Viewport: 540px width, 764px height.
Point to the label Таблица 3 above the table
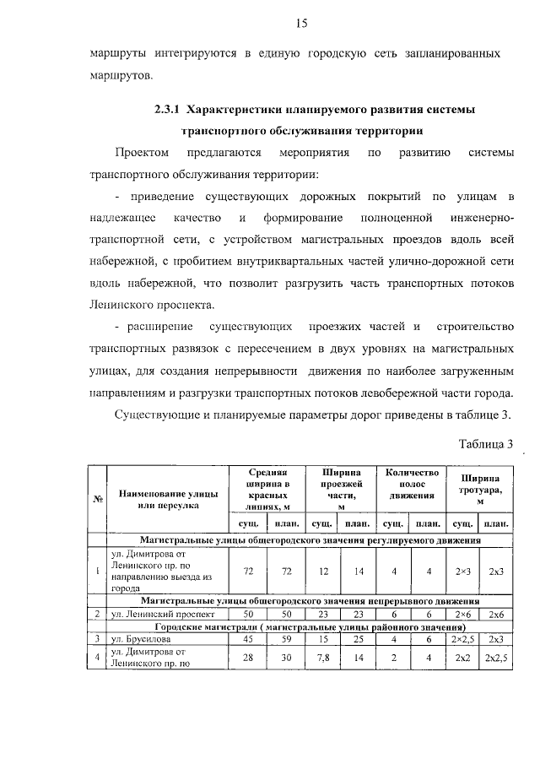click(x=485, y=445)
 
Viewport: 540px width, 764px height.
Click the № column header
click(x=97, y=499)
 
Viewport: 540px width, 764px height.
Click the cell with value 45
click(x=248, y=639)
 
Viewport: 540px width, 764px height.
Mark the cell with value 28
click(x=248, y=658)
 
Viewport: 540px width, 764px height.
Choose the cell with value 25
click(x=359, y=639)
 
